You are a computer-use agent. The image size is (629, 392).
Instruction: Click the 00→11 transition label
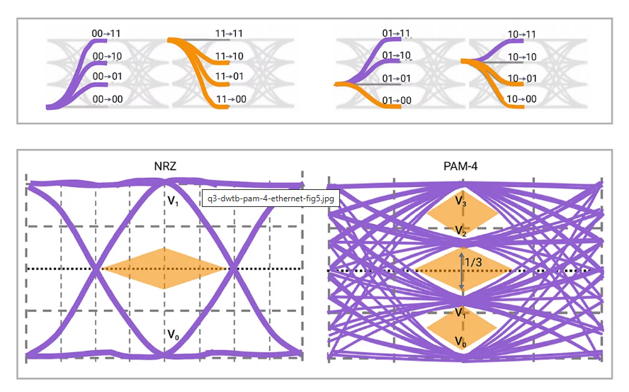pyautogui.click(x=108, y=33)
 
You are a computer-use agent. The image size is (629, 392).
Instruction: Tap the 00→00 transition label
pyautogui.click(x=108, y=99)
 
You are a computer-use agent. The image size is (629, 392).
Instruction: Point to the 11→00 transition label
pyautogui.click(x=231, y=99)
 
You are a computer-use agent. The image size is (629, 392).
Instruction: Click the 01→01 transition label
pyautogui.click(x=397, y=78)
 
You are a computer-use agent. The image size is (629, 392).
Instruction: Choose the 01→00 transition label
pyautogui.click(x=397, y=101)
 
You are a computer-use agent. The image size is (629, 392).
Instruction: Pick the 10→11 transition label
pyautogui.click(x=522, y=34)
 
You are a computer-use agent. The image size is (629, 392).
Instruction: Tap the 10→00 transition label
pyautogui.click(x=522, y=99)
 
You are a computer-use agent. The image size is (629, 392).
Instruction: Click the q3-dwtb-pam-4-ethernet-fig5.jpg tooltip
pyautogui.click(x=271, y=198)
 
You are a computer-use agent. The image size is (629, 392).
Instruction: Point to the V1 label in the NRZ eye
pyautogui.click(x=173, y=202)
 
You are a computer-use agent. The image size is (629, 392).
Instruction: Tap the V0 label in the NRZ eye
pyautogui.click(x=173, y=334)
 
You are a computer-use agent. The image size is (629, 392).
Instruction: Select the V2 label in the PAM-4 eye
pyautogui.click(x=461, y=231)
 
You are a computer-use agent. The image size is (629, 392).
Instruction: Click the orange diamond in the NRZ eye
pyautogui.click(x=165, y=269)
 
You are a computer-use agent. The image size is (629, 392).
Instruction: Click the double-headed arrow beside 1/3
pyautogui.click(x=462, y=270)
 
